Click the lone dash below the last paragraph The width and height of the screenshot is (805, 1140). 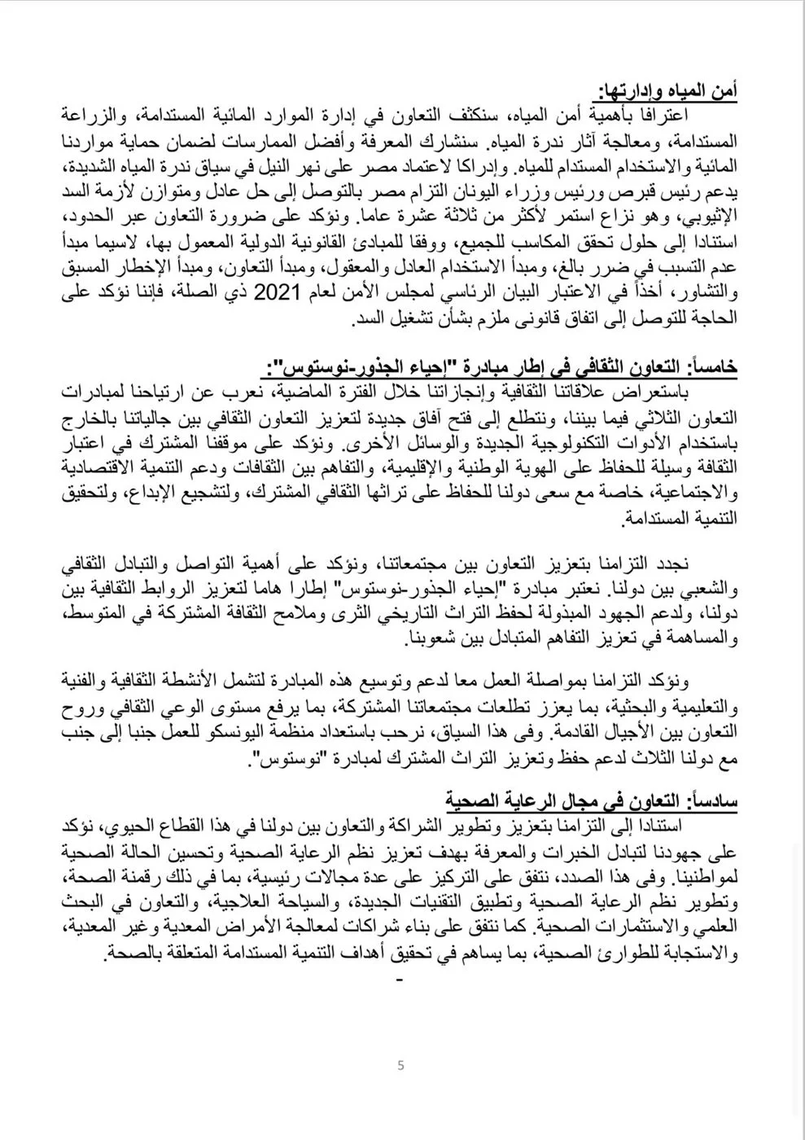tap(398, 982)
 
